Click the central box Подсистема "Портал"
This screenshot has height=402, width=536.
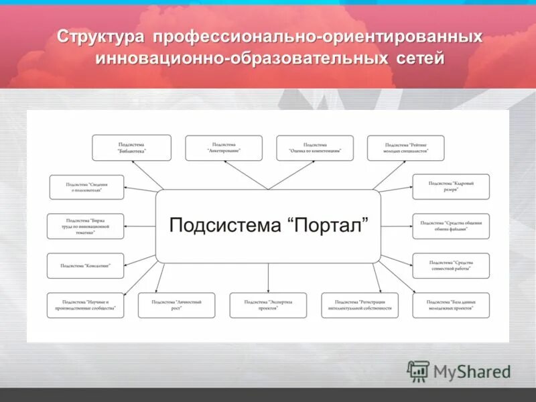(x=268, y=226)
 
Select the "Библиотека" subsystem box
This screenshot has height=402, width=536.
(x=131, y=147)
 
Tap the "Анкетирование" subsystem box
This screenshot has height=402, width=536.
(x=223, y=147)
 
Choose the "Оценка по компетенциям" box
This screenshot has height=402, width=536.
(x=314, y=147)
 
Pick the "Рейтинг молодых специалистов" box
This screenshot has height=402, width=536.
(x=406, y=147)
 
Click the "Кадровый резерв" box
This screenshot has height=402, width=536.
(x=451, y=186)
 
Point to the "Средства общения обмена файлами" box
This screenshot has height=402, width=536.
(x=451, y=226)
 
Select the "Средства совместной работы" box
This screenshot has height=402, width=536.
(x=451, y=265)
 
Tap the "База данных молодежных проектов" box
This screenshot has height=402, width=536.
(x=451, y=305)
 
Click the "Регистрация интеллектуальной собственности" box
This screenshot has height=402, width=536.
(x=360, y=305)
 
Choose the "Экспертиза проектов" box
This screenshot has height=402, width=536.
(x=268, y=305)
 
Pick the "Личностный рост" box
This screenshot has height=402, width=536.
(x=177, y=305)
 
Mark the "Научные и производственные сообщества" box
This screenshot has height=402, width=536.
(x=85, y=305)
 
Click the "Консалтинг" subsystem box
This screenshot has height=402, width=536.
(x=85, y=265)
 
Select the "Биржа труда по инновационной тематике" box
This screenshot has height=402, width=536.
(x=85, y=226)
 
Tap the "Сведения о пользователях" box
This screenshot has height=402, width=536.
(x=85, y=186)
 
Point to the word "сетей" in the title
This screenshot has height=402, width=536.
(x=419, y=58)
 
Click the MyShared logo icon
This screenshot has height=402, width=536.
(x=419, y=371)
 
